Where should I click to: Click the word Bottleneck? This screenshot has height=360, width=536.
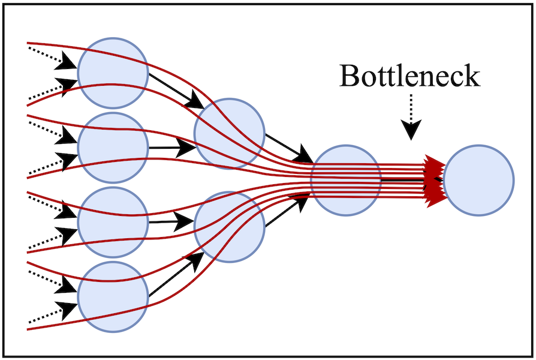click(x=409, y=76)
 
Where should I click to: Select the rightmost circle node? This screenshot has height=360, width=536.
click(x=478, y=179)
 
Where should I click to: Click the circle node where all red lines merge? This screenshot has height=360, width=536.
click(x=346, y=179)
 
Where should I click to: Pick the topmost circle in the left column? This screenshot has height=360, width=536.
click(x=113, y=73)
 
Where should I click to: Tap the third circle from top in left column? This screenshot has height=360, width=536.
click(x=113, y=222)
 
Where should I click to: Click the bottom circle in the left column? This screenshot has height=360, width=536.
click(x=113, y=297)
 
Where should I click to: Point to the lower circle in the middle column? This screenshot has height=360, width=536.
click(x=229, y=227)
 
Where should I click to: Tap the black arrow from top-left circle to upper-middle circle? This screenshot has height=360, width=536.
click(x=176, y=91)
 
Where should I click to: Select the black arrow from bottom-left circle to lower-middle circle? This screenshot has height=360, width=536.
click(x=176, y=275)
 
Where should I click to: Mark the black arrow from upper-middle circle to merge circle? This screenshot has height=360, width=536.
click(x=288, y=148)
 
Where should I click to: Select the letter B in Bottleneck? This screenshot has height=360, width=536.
click(x=350, y=76)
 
